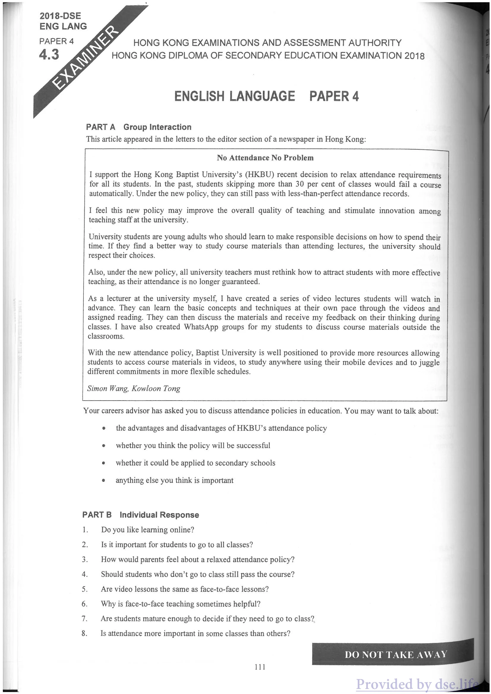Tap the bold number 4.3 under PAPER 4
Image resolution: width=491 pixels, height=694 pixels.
[49, 55]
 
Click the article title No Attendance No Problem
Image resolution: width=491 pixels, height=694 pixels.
[265, 158]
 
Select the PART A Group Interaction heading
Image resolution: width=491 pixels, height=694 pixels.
[138, 127]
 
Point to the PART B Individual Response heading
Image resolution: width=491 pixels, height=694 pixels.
[140, 515]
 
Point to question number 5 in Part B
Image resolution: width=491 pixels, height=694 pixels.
[85, 589]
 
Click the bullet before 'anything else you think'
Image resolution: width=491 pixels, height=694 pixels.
[104, 480]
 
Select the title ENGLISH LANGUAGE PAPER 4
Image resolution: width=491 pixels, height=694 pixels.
[266, 96]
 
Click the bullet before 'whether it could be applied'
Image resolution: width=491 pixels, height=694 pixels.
[104, 463]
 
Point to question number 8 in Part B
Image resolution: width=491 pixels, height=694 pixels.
[84, 633]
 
